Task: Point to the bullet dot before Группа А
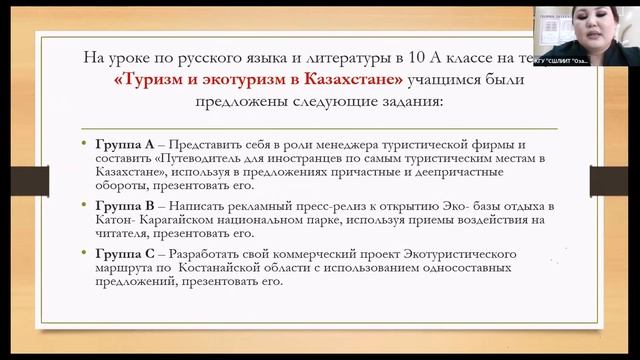click(x=86, y=145)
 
